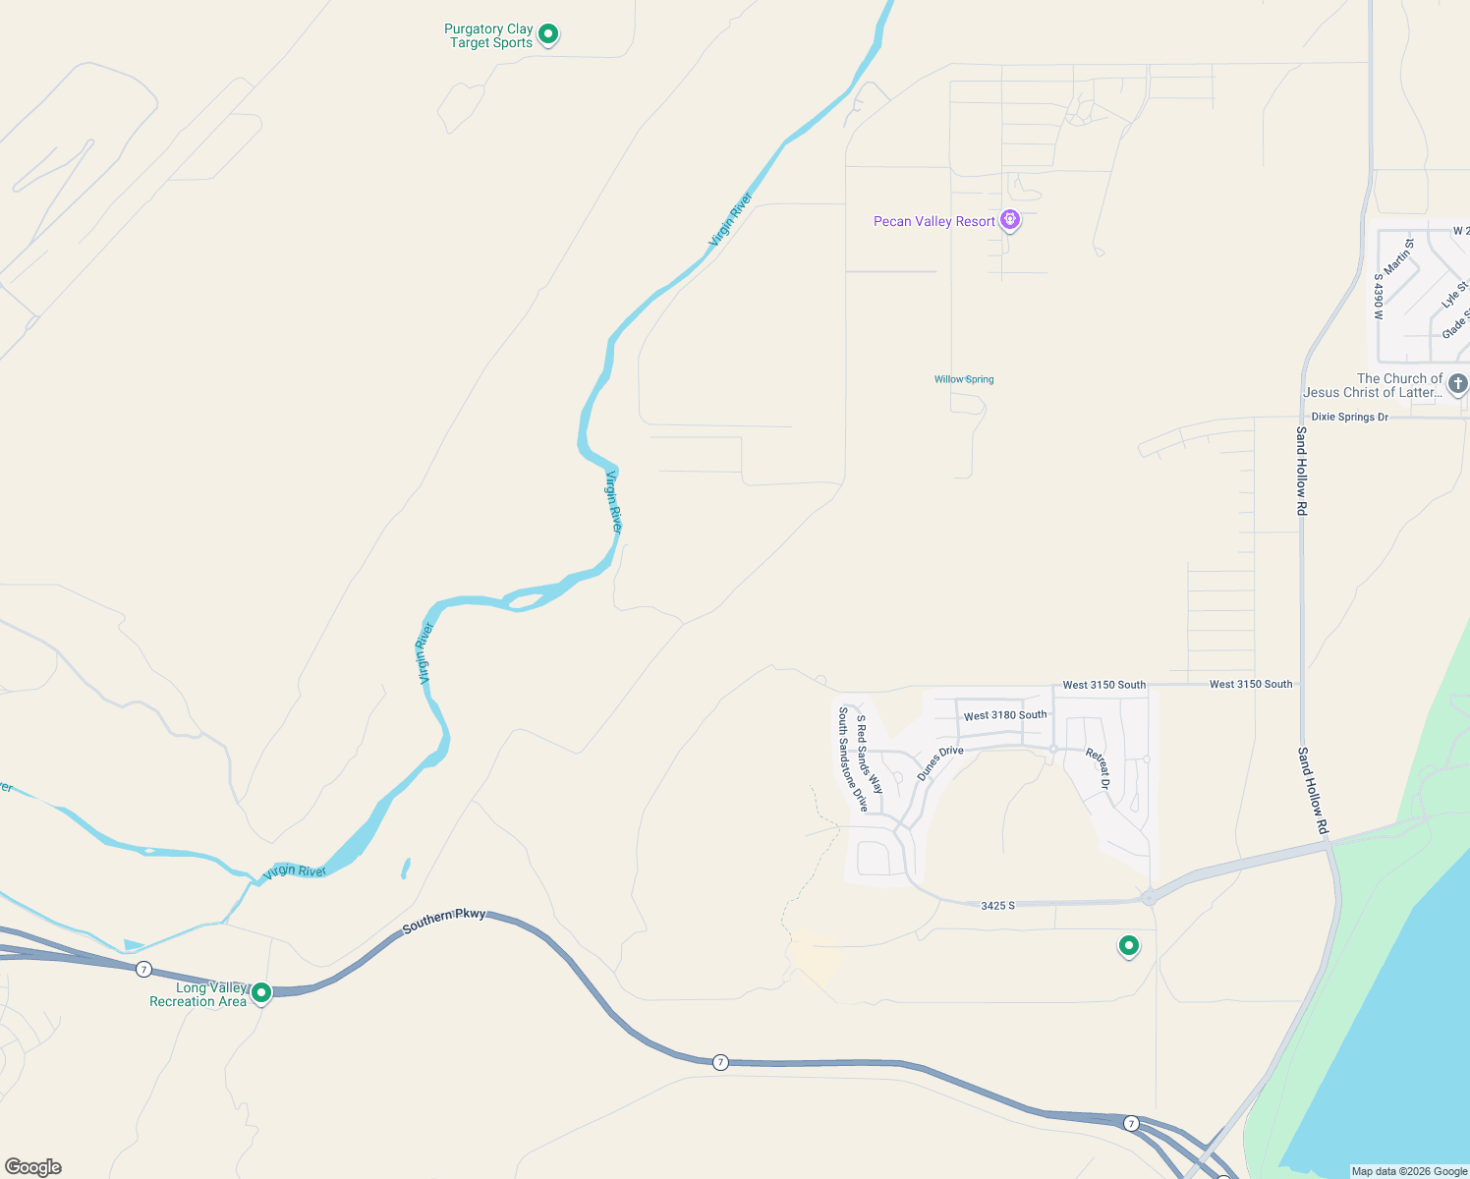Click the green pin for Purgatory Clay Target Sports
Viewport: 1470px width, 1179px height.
(548, 34)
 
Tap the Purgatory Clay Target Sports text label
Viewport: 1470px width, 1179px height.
(488, 36)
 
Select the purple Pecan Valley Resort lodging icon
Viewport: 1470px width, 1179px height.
(1010, 220)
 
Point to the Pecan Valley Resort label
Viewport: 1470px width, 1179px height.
(934, 221)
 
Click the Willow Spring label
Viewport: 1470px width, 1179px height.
(964, 379)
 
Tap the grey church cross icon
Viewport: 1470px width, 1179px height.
(1458, 384)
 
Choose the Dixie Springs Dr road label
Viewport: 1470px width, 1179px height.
(1349, 417)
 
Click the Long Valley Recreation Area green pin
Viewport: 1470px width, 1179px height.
(261, 992)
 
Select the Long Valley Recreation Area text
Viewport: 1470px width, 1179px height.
(198, 994)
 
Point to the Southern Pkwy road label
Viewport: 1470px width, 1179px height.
(444, 921)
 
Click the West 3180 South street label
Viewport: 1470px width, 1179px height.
(1005, 715)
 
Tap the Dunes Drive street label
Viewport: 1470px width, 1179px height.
(940, 763)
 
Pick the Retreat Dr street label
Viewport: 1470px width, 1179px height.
(1098, 769)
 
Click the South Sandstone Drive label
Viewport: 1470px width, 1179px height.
(852, 759)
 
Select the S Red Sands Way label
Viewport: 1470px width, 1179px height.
(869, 754)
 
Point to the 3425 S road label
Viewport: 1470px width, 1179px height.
(997, 905)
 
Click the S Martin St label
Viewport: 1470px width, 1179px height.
(1399, 256)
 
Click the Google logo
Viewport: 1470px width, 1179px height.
(33, 1166)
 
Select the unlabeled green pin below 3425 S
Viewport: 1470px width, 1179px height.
(1129, 946)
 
